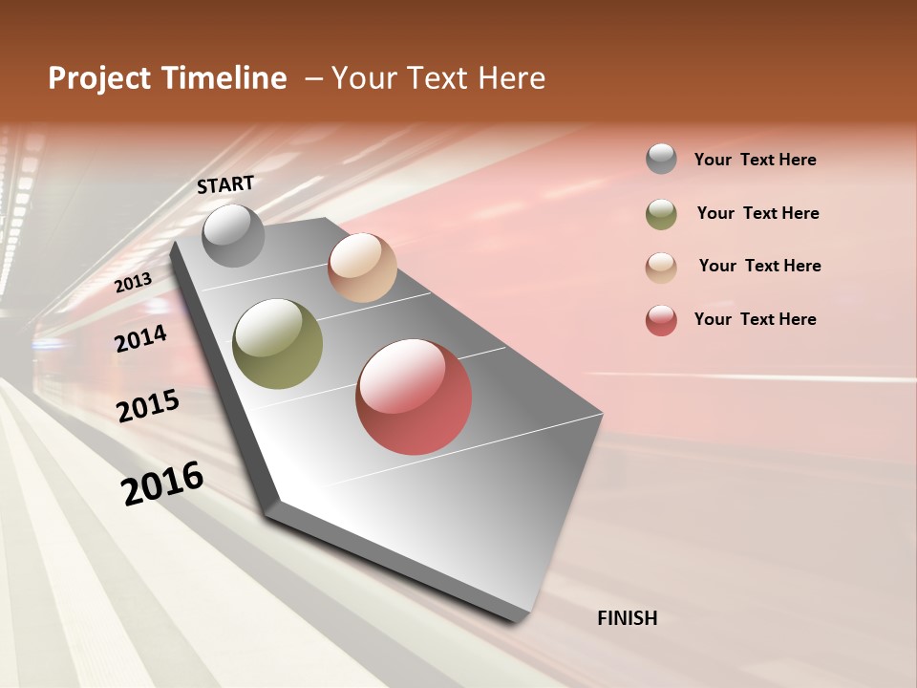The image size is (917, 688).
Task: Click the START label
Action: click(225, 184)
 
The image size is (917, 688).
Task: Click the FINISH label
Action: click(627, 618)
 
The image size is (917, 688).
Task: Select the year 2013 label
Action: click(133, 283)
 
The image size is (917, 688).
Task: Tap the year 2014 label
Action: click(140, 338)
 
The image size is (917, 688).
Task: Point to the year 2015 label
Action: click(147, 406)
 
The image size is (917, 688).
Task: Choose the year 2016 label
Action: click(162, 484)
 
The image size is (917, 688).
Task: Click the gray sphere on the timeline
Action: click(233, 235)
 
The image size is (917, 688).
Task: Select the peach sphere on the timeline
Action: click(362, 268)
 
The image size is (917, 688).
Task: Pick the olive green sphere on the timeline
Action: click(277, 344)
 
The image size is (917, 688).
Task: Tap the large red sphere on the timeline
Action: click(414, 397)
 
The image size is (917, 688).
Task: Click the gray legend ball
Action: click(661, 160)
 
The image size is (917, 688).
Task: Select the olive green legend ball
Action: click(661, 214)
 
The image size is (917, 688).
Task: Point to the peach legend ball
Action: click(661, 267)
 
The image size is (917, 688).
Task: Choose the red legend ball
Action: click(661, 320)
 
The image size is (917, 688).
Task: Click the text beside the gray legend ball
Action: click(755, 160)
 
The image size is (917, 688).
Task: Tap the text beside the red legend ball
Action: click(755, 319)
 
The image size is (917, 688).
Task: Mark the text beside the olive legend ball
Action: click(757, 213)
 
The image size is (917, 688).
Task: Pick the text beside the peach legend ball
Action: click(759, 266)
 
